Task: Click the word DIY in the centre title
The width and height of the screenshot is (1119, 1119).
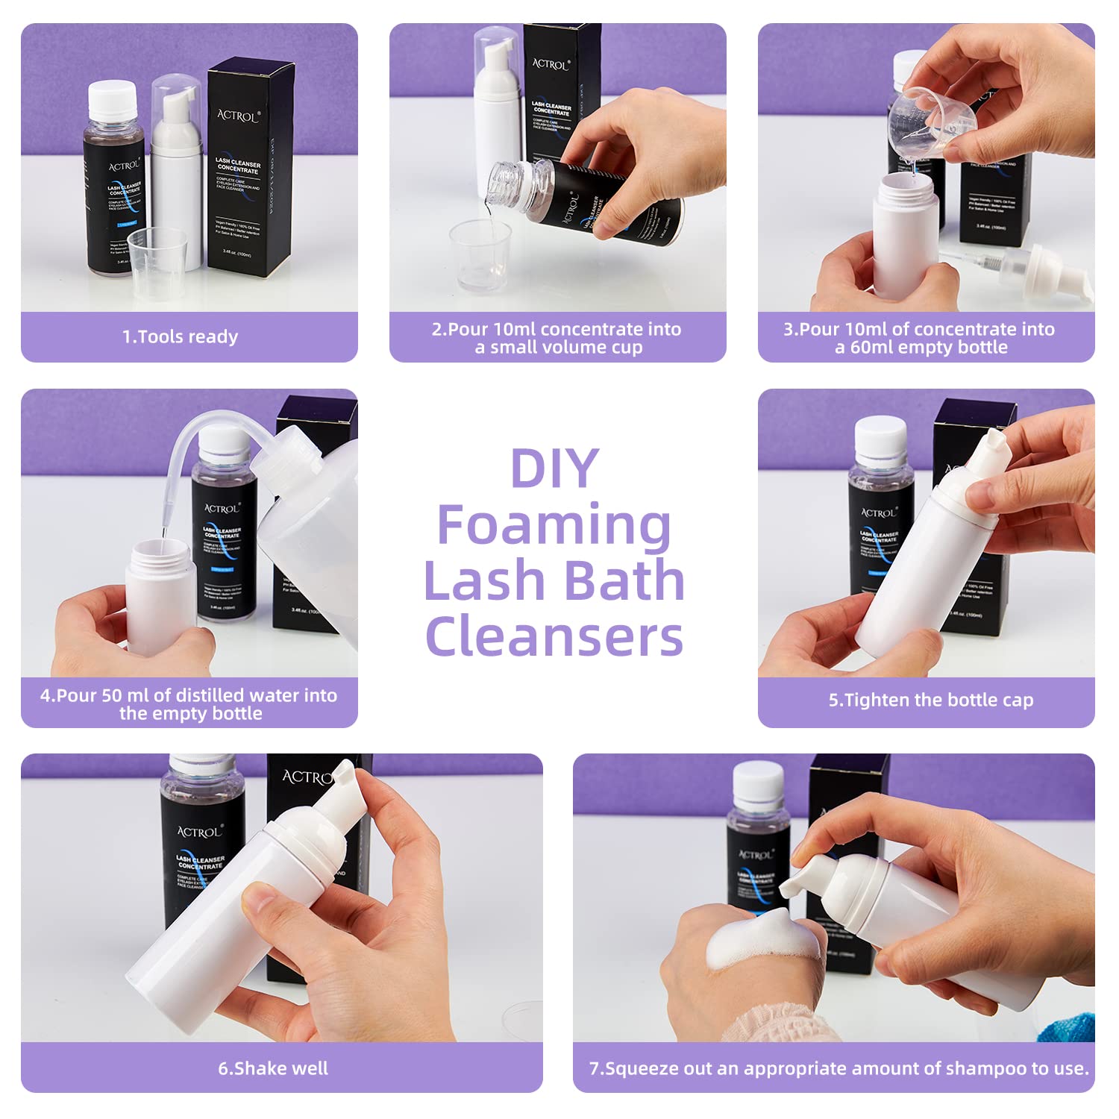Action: (554, 468)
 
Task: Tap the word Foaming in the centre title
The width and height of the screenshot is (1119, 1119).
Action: (554, 526)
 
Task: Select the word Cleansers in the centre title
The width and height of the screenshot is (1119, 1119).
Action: (554, 637)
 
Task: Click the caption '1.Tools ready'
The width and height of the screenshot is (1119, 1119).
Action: (181, 337)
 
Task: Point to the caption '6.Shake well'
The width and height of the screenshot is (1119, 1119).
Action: (273, 1068)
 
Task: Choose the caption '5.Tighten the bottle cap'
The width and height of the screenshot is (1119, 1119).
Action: (930, 700)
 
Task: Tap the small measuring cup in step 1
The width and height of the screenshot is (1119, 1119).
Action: (157, 261)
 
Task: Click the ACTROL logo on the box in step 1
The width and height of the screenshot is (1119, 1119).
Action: (238, 116)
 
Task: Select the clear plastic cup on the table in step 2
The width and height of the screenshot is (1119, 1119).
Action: (480, 254)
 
